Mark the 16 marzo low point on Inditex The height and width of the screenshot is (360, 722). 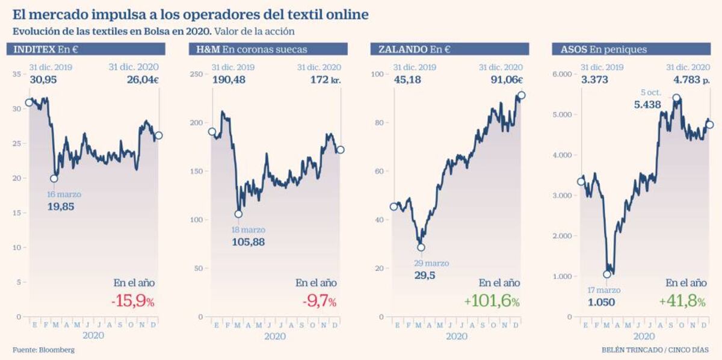pos(54,178)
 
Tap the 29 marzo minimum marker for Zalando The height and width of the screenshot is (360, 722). pos(421,247)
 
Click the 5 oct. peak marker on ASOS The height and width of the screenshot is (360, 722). pos(677,98)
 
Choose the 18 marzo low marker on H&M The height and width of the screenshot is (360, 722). pos(238,214)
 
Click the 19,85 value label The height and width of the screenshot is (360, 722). pos(61,206)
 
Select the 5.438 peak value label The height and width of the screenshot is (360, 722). pos(647,105)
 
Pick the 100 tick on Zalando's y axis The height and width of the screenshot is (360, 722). pos(378,74)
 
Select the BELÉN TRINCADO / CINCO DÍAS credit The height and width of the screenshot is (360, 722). pos(655,350)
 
